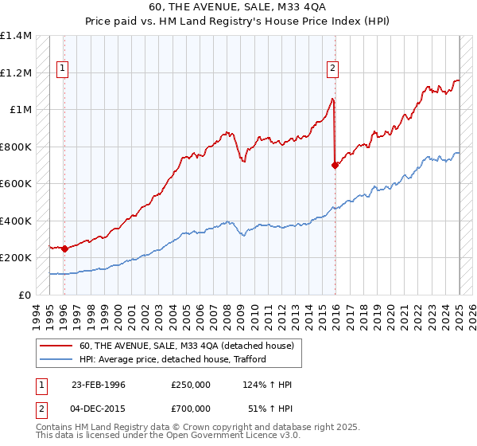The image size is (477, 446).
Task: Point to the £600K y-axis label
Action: [x=16, y=184]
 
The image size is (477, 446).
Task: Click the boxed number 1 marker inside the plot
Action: [x=62, y=69]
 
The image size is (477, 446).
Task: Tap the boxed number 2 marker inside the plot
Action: [x=332, y=69]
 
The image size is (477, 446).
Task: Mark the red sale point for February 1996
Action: [x=64, y=248]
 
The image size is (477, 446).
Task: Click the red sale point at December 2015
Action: [x=335, y=165]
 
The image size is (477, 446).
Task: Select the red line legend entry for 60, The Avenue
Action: [x=187, y=346]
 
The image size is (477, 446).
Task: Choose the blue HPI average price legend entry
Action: [x=172, y=359]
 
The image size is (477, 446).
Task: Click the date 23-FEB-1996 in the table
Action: [x=98, y=385]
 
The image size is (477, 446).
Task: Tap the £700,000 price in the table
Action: [x=190, y=410]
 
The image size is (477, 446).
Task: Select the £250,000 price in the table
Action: [x=190, y=385]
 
